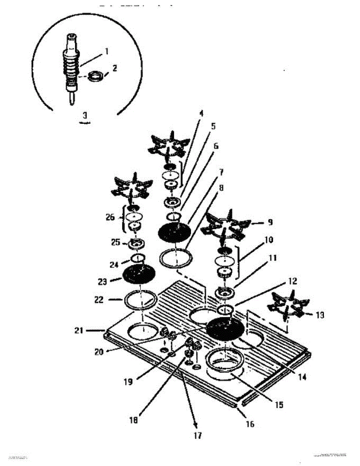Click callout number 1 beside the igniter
pos(106,51)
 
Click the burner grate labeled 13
pos(288,307)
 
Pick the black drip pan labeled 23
pos(139,275)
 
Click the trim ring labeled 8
pos(176,258)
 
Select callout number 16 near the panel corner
pos(250,424)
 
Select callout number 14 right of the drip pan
pos(302,376)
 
